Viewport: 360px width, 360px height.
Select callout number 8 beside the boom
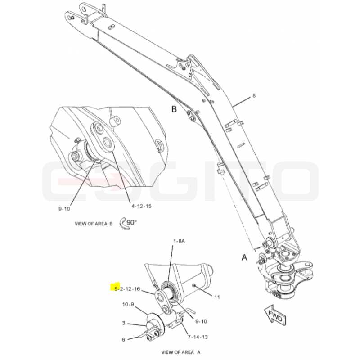pos(254,95)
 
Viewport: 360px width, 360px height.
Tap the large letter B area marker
pos(174,109)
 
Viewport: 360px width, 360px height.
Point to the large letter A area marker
pos(244,257)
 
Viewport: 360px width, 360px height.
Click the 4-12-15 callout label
pos(141,206)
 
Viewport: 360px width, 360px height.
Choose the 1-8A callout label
pos(179,241)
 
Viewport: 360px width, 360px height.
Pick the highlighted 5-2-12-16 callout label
pos(127,288)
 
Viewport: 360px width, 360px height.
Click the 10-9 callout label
pos(128,305)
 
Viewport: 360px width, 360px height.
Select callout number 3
pos(123,323)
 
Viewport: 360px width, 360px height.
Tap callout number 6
pos(123,339)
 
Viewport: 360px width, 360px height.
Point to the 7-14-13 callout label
pos(198,337)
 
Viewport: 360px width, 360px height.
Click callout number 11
pos(217,297)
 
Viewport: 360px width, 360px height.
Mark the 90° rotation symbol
pos(128,223)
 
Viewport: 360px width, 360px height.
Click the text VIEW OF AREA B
pos(94,224)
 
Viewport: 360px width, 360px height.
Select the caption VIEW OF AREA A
pos(181,352)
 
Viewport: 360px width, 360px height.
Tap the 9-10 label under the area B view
pos(64,209)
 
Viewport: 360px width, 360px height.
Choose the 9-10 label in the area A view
pos(201,321)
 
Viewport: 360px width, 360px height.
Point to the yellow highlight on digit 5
pos(115,287)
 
